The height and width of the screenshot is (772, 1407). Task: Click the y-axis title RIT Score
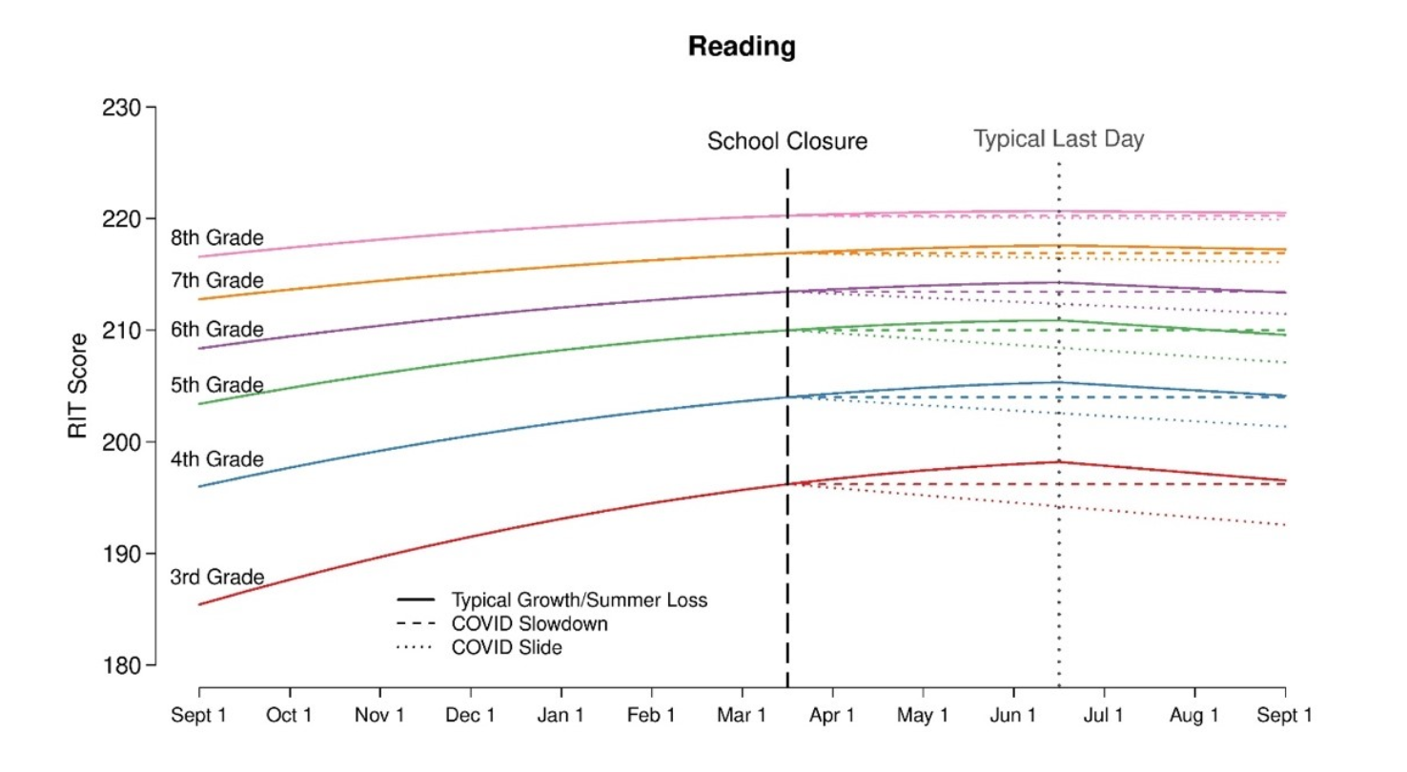78,386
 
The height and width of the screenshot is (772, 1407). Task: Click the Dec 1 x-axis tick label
471,716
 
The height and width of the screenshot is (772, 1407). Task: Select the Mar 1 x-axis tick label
744,716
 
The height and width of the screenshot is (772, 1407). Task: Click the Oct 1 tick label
290,716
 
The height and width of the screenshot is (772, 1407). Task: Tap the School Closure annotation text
787,142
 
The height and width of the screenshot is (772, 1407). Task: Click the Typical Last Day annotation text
1058,139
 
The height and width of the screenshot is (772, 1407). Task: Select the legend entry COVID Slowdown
530,624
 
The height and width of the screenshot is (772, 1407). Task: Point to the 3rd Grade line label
216,578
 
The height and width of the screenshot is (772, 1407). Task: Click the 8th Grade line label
216,237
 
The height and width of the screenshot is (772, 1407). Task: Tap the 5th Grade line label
216,385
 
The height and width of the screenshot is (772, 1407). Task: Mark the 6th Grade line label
216,330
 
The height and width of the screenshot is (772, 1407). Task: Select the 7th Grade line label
216,280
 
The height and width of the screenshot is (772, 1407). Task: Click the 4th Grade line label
216,459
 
